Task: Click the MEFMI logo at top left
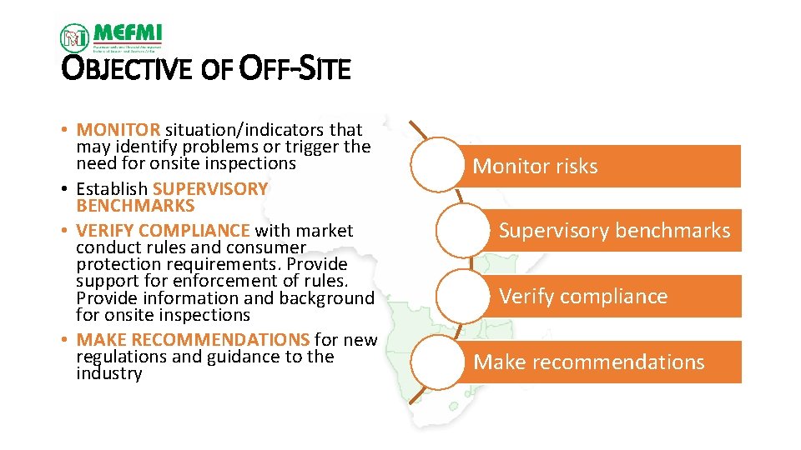(x=111, y=37)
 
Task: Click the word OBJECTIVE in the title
(x=128, y=70)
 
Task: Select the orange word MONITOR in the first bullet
(x=118, y=130)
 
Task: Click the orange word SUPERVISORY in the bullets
(x=210, y=189)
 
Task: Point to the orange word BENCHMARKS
(x=135, y=206)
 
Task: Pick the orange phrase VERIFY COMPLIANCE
(x=163, y=231)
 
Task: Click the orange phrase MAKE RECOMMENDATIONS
(x=193, y=340)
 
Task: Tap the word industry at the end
(x=108, y=374)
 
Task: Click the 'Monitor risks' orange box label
(x=535, y=167)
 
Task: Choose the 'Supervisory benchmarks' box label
(x=614, y=231)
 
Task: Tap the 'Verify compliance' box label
(x=583, y=297)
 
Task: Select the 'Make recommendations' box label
(x=589, y=362)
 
